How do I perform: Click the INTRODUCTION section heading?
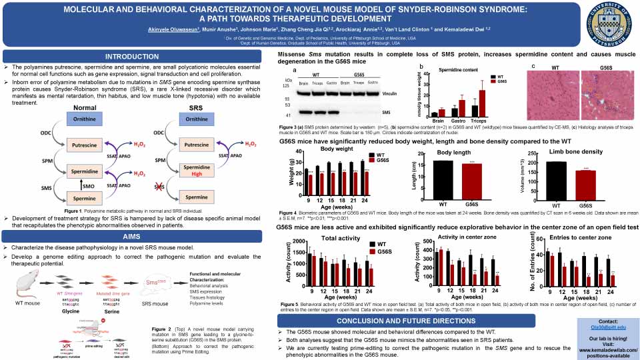pyautogui.click(x=137, y=56)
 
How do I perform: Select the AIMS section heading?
pyautogui.click(x=137, y=237)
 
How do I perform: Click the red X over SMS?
pyautogui.click(x=159, y=190)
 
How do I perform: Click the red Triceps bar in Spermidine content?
pyautogui.click(x=482, y=103)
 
